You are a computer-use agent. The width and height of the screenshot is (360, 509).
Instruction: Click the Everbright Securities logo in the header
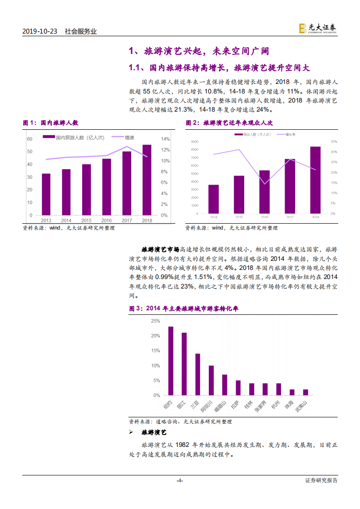point(318,29)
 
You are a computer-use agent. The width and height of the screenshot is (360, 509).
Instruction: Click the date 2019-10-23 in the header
point(40,32)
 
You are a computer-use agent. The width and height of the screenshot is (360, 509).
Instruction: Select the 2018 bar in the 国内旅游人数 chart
point(147,180)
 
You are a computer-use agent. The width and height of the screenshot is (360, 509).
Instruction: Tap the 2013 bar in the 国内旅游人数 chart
point(46,194)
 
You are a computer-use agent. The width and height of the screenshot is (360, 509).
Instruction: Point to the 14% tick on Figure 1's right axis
point(165,139)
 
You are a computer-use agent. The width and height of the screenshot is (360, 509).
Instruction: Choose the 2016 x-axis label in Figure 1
point(107,220)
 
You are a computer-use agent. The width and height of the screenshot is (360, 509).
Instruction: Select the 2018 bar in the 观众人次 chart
point(315,180)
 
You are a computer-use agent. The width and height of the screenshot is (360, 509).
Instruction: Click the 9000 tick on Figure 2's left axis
point(194,142)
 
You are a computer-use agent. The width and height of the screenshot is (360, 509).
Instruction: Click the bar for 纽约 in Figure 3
point(171,361)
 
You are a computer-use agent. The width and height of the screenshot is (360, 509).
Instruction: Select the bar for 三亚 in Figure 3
point(197,375)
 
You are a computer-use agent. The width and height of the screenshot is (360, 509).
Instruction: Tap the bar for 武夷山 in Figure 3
point(306,392)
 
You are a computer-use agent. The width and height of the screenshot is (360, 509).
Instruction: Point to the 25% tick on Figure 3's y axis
point(155,321)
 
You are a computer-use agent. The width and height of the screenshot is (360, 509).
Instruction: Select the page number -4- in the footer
point(180,480)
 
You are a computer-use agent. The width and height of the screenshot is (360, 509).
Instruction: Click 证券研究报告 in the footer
point(321,480)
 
